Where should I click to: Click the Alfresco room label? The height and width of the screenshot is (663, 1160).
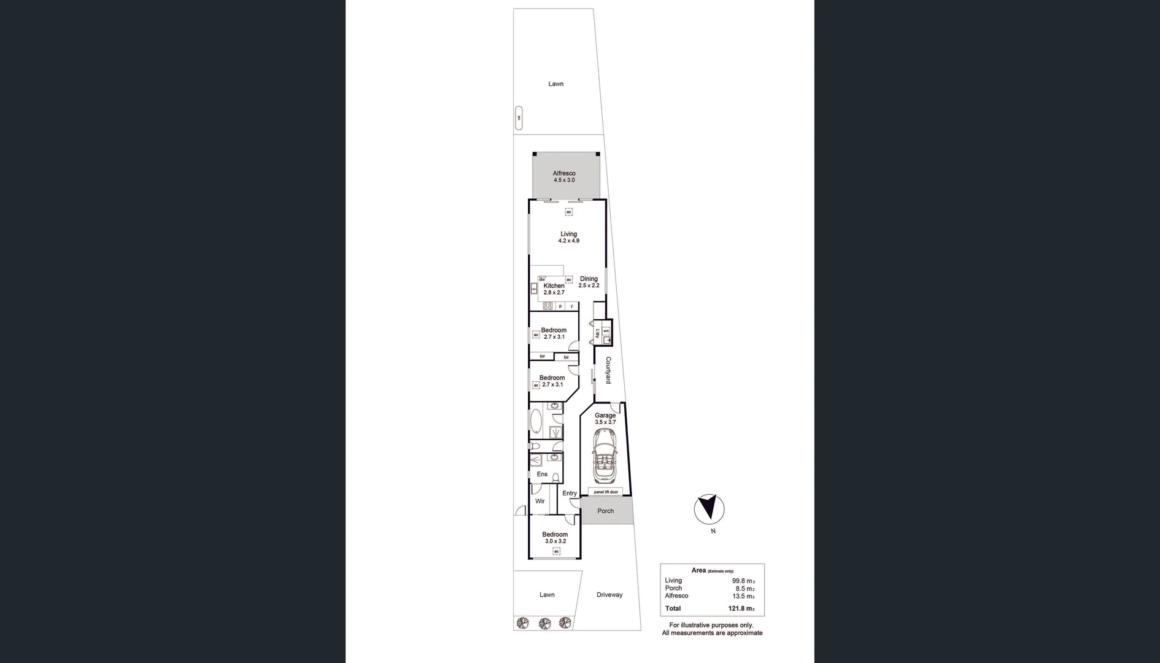pos(564,174)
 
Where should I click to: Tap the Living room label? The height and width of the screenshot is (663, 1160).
pos(568,234)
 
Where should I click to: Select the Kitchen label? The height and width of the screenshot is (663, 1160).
pos(554,286)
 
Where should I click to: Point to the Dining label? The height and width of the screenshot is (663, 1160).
pos(589,279)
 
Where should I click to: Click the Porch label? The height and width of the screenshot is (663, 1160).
pos(605,511)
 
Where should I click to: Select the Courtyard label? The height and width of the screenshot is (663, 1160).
pos(608,370)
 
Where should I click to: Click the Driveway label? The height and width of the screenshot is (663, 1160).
pos(609,595)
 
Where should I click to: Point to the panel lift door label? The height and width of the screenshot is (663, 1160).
pos(606,492)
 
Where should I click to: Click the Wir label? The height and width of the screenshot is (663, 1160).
pos(540,502)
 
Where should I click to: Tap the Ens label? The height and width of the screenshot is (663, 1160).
pos(542,475)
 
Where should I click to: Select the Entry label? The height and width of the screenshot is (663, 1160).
pos(570,494)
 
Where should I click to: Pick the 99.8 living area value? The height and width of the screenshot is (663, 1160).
pos(743,581)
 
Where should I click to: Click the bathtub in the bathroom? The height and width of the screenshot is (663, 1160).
pos(536,422)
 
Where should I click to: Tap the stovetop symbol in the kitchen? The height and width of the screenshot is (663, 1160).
pos(548,306)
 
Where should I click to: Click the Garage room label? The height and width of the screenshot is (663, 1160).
pos(605,416)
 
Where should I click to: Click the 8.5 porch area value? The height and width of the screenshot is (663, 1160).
pos(744,589)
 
